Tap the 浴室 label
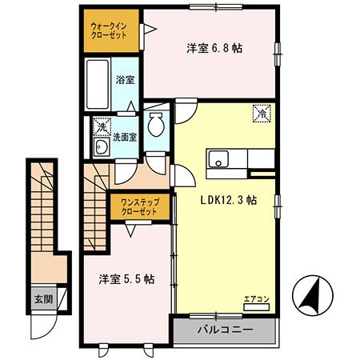click(x=125, y=80)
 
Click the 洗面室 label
click(x=124, y=136)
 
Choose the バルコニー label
click(x=225, y=330)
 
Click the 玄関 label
click(x=42, y=300)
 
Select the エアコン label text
click(x=257, y=300)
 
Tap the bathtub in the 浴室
click(x=99, y=85)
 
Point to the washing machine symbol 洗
click(x=102, y=126)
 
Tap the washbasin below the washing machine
click(x=102, y=148)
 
